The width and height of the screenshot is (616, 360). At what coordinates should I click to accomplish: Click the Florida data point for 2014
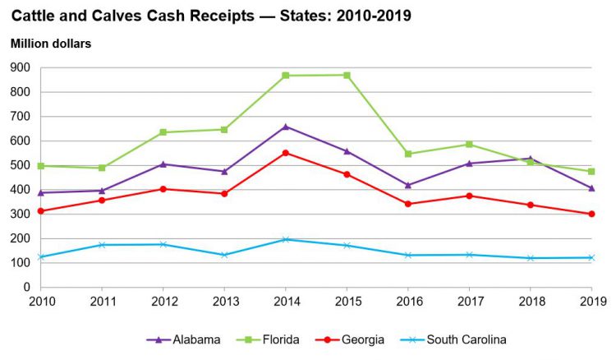pos(285,76)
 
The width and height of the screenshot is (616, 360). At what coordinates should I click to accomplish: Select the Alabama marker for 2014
pos(285,127)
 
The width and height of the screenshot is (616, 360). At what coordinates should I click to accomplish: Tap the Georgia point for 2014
pos(285,153)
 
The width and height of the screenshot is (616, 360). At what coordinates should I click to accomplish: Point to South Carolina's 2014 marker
pos(285,239)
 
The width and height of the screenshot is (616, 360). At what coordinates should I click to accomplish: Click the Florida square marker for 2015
pos(347,75)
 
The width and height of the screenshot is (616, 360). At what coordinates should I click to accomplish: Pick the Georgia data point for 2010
pos(40,211)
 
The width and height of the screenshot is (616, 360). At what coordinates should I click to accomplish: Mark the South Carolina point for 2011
pos(102,245)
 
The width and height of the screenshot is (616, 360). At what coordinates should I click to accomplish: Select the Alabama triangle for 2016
pos(407,185)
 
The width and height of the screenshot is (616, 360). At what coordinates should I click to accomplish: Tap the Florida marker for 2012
pos(163,132)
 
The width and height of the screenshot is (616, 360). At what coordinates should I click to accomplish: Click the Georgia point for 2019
pos(591,214)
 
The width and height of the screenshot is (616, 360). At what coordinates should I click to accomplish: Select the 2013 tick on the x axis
pos(224,301)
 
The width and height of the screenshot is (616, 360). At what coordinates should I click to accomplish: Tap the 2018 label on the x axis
pos(530,301)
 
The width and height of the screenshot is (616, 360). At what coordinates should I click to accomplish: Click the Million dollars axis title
pos(49,43)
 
